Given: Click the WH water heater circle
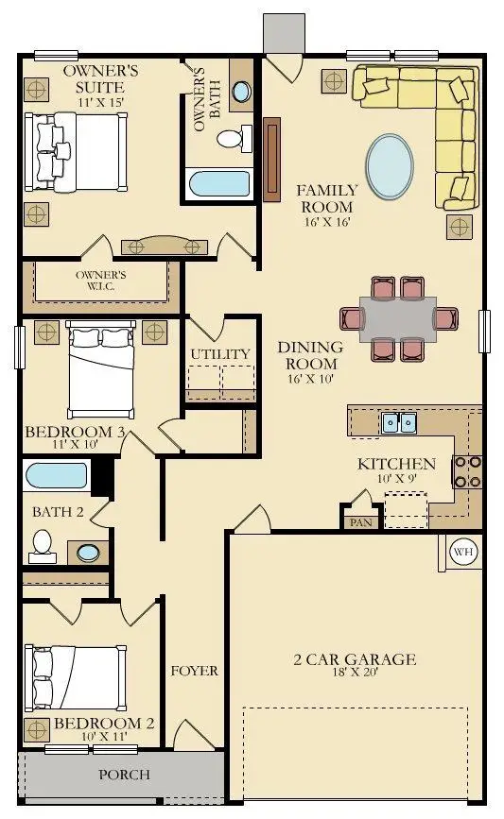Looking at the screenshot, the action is (x=463, y=552).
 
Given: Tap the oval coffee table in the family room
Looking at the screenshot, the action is (x=390, y=166).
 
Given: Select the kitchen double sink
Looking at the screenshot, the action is (x=399, y=422).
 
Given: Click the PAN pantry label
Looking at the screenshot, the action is (x=361, y=522).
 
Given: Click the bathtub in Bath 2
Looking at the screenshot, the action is (x=57, y=475).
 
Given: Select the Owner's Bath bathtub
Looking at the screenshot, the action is (x=219, y=183).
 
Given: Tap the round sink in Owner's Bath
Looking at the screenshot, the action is (x=241, y=92).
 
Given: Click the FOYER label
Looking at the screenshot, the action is (x=195, y=671).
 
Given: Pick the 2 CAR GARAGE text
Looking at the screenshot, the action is (x=355, y=659).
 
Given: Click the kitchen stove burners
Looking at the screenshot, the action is (x=467, y=471).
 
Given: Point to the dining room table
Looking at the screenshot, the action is (x=398, y=319).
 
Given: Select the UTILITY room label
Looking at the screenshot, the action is (x=220, y=354).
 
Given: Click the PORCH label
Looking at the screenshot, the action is (x=125, y=774).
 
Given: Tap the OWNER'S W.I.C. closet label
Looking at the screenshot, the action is (x=100, y=281).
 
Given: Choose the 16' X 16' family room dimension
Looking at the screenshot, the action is (x=327, y=222).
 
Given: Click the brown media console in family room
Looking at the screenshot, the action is (x=272, y=160).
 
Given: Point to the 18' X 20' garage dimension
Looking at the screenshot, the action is (x=356, y=672).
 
